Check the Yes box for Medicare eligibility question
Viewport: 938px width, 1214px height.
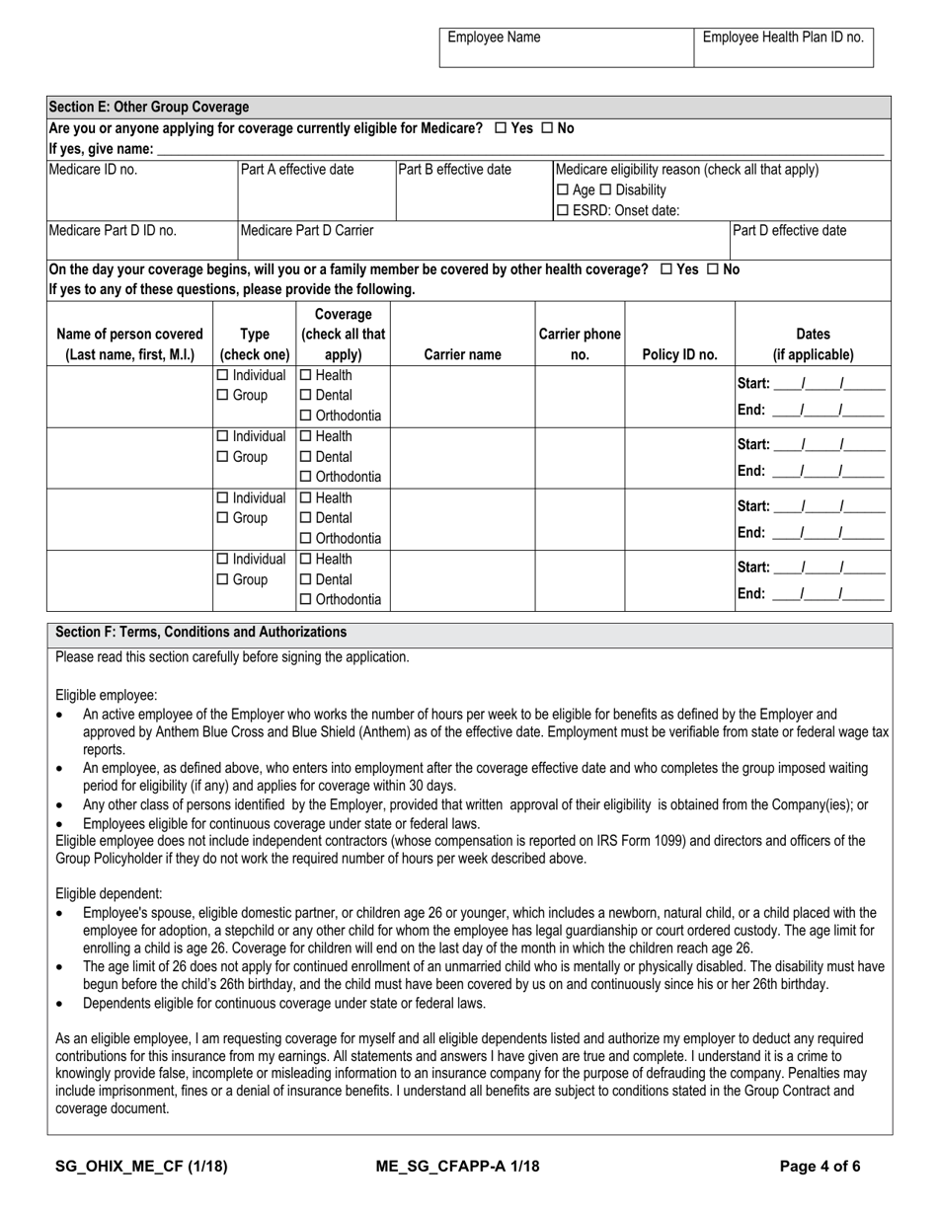tap(501, 128)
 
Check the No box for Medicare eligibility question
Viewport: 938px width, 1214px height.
tap(547, 128)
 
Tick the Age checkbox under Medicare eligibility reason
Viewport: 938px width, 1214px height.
tap(563, 190)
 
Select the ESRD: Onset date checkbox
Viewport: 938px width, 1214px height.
tap(563, 210)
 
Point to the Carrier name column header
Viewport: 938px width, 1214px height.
tap(463, 354)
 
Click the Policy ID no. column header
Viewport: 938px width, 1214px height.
tap(679, 354)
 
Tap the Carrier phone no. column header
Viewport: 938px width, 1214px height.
tap(580, 344)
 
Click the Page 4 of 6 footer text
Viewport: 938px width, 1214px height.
tap(820, 1166)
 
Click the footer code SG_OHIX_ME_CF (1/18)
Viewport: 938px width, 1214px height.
tap(141, 1166)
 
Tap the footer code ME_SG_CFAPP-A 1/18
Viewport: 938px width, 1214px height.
tap(458, 1166)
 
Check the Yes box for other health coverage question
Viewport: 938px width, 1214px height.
tap(666, 269)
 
